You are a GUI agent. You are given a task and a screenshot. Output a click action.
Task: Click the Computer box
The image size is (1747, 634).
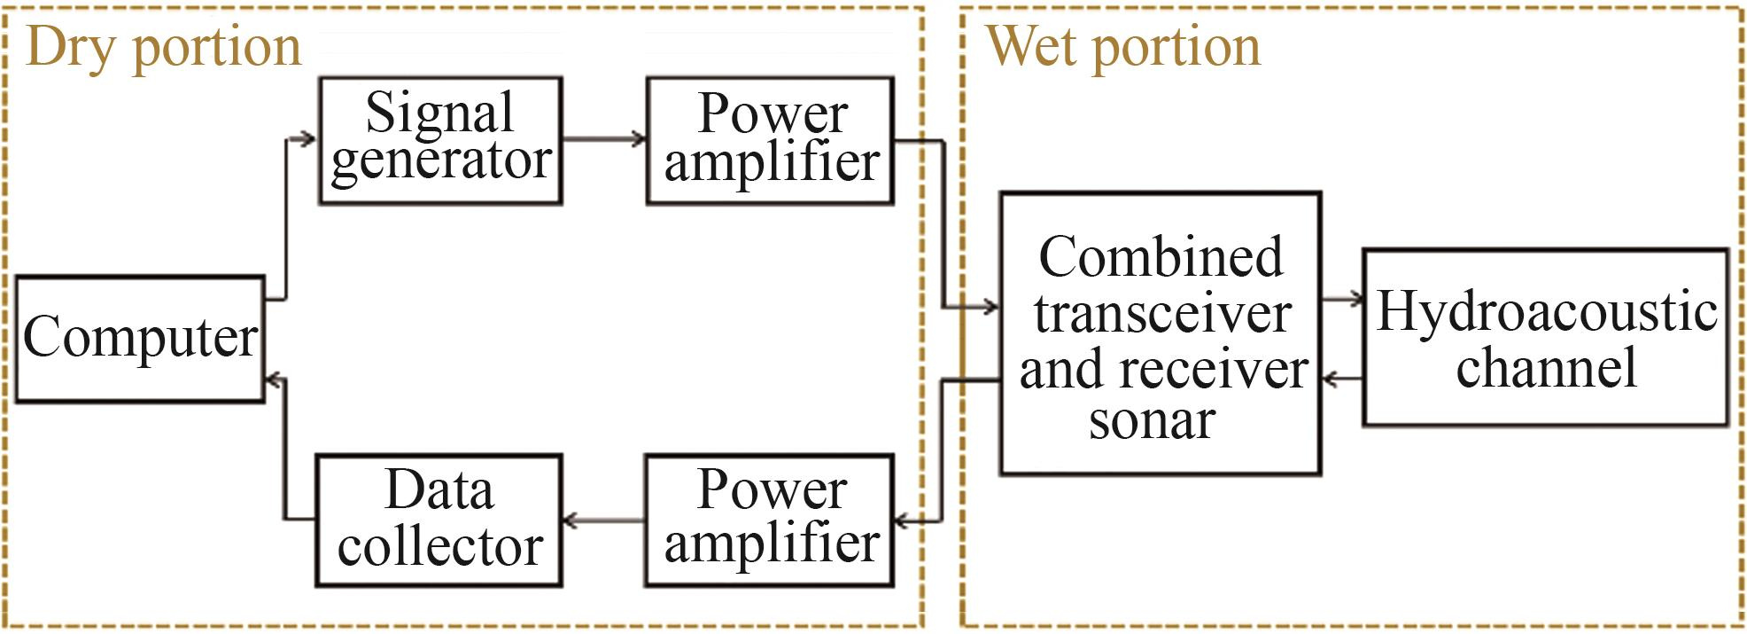tap(140, 339)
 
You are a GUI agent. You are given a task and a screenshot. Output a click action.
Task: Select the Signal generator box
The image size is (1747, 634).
tap(440, 140)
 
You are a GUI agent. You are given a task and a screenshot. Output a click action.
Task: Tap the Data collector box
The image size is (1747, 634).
tap(439, 520)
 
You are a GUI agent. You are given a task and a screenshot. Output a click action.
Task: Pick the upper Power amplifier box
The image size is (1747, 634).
tap(770, 140)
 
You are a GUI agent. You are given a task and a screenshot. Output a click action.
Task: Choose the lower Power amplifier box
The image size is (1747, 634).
tap(769, 520)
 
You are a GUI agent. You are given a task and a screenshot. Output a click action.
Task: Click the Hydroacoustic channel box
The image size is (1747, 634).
tap(1545, 337)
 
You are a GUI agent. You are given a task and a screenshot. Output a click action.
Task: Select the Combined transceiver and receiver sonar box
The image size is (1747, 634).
tap(1161, 333)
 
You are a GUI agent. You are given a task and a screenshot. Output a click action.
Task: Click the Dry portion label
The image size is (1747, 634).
tap(164, 46)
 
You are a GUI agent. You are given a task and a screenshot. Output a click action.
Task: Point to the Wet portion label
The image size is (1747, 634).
tap(1123, 46)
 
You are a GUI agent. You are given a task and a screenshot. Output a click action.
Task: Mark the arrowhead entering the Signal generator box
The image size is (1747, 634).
tap(307, 138)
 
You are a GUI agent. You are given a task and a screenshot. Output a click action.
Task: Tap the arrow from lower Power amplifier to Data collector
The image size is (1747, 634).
tap(602, 521)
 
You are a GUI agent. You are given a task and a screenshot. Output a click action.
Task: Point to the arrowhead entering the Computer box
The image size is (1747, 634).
tap(275, 381)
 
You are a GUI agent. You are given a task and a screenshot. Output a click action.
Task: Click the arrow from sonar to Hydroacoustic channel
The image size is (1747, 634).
tap(1342, 299)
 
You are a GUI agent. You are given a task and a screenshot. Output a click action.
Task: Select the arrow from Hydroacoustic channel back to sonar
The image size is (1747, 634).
tap(1342, 380)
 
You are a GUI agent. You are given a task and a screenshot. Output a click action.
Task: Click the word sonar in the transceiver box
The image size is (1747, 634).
tap(1152, 420)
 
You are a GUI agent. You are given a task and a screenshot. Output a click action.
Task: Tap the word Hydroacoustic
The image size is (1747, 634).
tap(1547, 311)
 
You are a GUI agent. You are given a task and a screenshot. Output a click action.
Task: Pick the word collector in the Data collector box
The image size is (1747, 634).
tap(440, 546)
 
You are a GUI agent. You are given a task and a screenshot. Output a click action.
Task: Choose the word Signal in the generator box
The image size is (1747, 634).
tap(439, 113)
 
